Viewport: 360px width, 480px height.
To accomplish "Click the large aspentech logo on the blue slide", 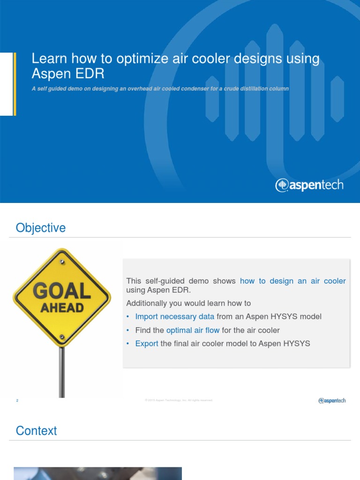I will [x=309, y=185].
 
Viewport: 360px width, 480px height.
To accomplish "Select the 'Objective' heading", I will [x=41, y=228].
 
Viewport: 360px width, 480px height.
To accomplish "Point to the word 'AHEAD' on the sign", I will [x=62, y=308].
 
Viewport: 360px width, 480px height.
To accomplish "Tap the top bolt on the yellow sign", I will [x=61, y=258].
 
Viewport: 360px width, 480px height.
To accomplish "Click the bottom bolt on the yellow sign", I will [x=62, y=337].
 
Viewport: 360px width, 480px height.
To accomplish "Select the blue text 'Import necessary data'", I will [x=174, y=316].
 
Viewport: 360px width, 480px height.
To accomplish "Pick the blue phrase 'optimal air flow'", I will [x=193, y=330].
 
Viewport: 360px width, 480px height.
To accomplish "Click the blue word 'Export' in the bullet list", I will [x=147, y=344].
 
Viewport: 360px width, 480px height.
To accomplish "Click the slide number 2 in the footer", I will [x=17, y=401].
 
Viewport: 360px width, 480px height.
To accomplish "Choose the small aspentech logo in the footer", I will [x=332, y=400].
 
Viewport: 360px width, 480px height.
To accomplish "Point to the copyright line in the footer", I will [x=179, y=400].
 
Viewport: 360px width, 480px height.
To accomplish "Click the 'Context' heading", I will [x=37, y=431].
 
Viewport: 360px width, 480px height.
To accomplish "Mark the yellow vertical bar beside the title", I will [x=15, y=83].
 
